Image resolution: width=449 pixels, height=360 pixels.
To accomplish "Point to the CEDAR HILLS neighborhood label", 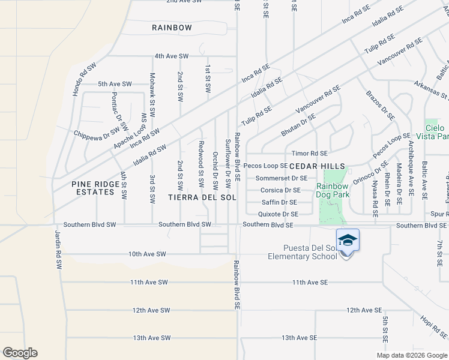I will click(x=318, y=166).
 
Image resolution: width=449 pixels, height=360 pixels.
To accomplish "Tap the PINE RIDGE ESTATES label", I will click(x=92, y=188).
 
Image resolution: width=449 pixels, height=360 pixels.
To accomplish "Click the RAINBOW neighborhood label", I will click(x=172, y=28).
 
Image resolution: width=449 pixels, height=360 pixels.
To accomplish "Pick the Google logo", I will click(x=20, y=353).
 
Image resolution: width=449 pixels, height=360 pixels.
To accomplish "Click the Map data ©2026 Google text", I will click(x=411, y=355).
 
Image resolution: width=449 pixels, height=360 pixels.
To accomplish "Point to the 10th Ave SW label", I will click(x=146, y=254).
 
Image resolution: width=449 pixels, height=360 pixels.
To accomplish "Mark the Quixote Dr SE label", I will click(x=278, y=214).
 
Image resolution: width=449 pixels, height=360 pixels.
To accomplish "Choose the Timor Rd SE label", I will click(x=309, y=154).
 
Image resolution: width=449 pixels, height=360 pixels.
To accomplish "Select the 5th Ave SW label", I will click(x=115, y=84).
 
